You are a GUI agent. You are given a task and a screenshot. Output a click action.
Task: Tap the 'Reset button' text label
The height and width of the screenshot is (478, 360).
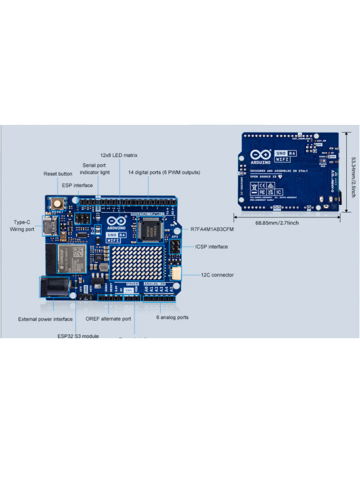[x=58, y=174]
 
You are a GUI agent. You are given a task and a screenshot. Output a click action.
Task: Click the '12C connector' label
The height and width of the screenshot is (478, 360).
[x=218, y=275]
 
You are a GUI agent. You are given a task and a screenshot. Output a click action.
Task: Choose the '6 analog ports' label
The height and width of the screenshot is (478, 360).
[x=172, y=317]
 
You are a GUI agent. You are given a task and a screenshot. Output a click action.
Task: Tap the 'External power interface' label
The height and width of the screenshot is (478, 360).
[x=45, y=319]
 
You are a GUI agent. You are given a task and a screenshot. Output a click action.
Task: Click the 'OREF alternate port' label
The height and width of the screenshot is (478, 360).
[x=108, y=318]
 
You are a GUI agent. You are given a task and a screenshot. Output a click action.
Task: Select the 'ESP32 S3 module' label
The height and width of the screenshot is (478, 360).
[x=78, y=336]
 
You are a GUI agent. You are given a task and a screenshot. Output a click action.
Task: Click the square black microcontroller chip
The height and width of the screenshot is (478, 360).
[x=149, y=228]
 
